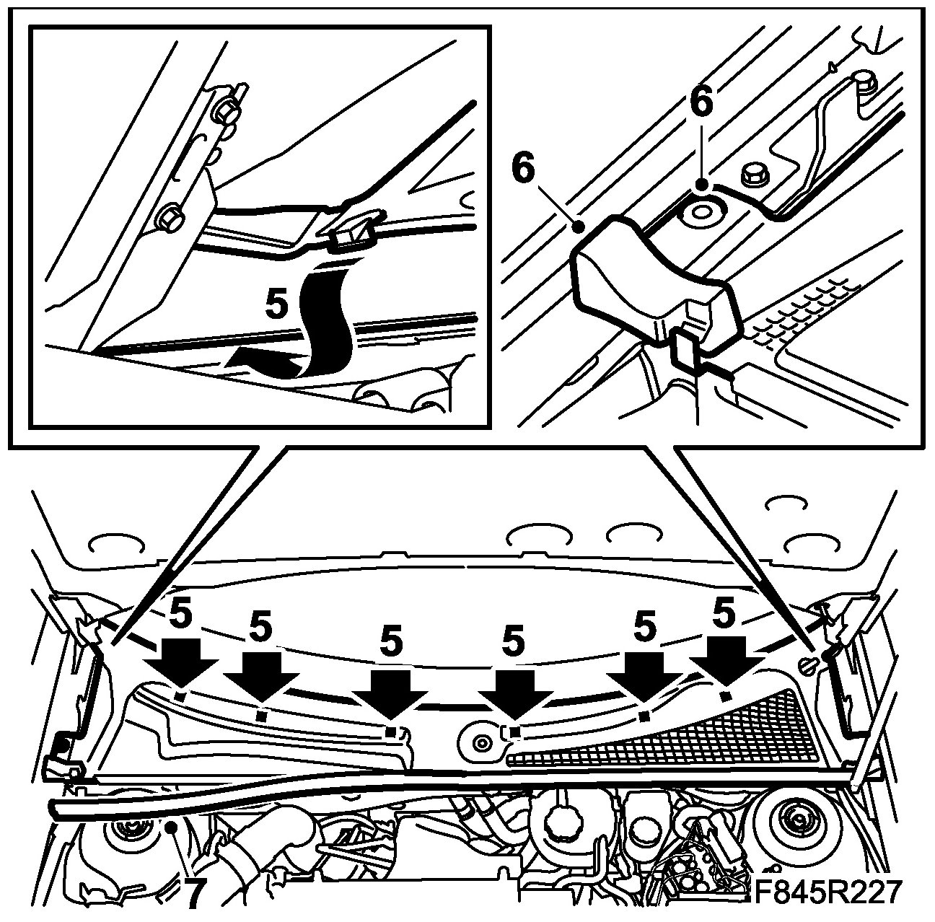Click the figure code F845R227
(828, 892)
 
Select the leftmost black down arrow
(180, 667)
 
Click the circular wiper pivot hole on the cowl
(479, 740)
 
